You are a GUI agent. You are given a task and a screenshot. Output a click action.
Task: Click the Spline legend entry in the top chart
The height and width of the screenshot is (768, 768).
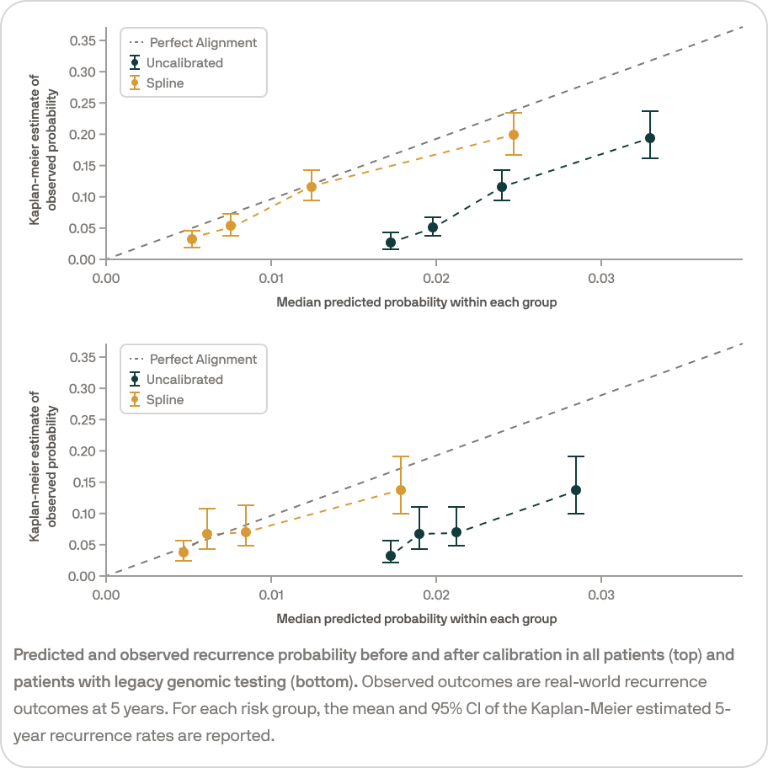click(165, 83)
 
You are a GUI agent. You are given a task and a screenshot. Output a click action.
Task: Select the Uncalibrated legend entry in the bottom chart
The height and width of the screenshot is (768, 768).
click(184, 380)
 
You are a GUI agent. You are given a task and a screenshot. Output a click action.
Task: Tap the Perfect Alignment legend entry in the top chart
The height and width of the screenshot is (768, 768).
click(203, 43)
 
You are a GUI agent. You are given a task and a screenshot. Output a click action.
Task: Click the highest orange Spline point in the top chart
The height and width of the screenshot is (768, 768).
click(514, 135)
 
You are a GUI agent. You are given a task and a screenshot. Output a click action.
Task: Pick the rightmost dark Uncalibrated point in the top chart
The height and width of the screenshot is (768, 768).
click(650, 138)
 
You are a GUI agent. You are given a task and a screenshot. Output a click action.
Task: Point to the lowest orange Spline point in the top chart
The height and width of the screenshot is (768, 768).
click(192, 239)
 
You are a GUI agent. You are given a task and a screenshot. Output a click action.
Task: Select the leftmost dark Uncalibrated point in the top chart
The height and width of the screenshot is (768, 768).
click(391, 243)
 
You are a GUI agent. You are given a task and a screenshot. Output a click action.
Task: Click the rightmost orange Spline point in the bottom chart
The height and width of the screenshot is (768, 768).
click(401, 490)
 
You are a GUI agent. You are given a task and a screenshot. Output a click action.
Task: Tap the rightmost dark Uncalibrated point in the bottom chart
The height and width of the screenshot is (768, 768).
click(576, 490)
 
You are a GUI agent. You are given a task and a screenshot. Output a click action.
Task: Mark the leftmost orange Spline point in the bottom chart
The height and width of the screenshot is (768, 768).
click(184, 552)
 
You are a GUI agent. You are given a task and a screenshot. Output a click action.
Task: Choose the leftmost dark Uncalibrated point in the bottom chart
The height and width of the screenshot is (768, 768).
click(391, 556)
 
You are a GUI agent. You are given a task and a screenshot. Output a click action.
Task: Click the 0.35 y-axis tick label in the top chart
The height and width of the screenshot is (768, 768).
click(83, 40)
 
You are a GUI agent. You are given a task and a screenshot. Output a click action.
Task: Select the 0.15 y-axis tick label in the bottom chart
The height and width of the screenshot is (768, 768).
click(83, 483)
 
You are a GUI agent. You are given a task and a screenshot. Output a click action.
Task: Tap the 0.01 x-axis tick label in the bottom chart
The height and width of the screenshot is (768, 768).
click(271, 594)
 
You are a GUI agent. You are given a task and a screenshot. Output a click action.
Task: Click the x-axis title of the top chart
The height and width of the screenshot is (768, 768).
click(417, 301)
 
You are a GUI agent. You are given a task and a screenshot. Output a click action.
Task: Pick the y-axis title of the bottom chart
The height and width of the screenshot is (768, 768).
click(42, 466)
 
